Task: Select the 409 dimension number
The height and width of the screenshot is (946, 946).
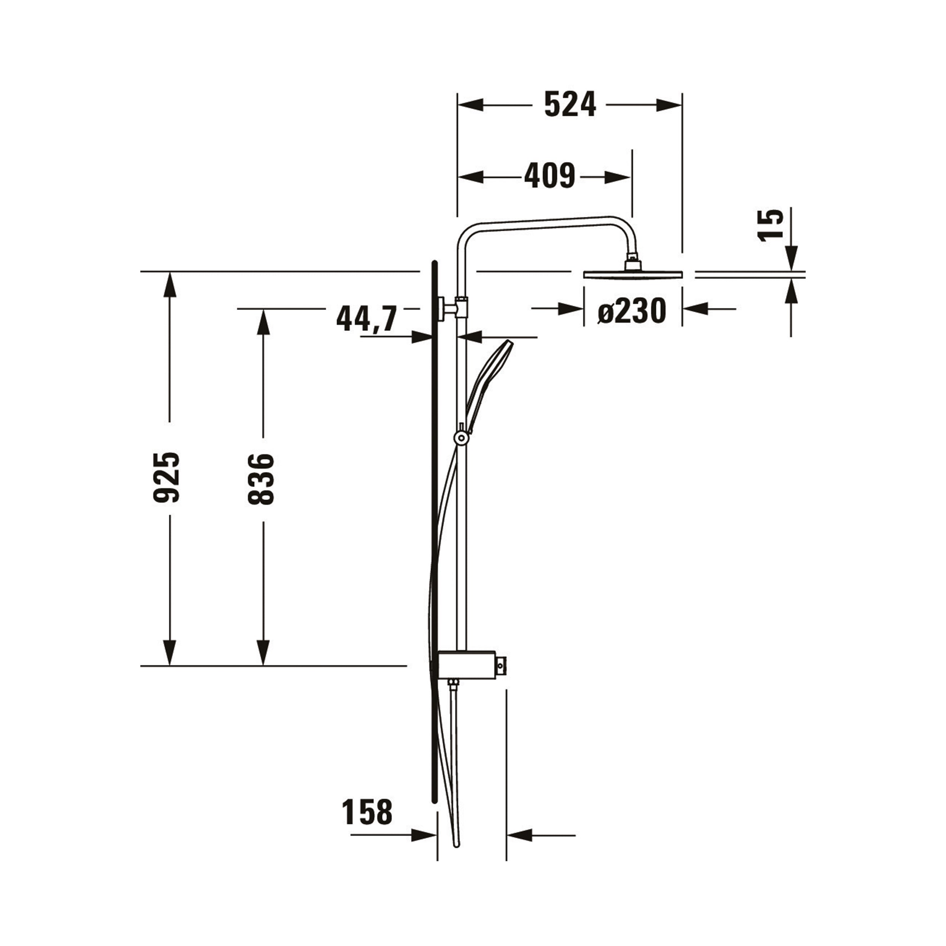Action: pyautogui.click(x=549, y=176)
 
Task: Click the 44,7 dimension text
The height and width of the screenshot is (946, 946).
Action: pyautogui.click(x=366, y=319)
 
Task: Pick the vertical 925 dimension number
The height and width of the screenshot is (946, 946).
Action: pyautogui.click(x=167, y=478)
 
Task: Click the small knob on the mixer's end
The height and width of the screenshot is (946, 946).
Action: pyautogui.click(x=500, y=665)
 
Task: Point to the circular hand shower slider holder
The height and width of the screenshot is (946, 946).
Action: pyautogui.click(x=461, y=438)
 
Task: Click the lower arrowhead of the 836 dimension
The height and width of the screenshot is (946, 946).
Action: pyautogui.click(x=263, y=653)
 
